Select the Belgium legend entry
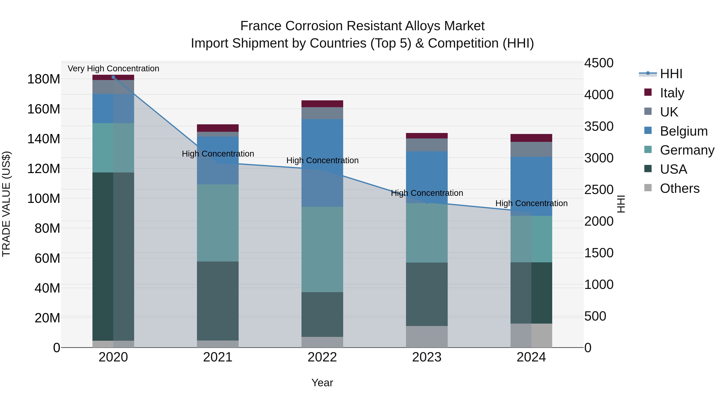683,131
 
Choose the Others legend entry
679,188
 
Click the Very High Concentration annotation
113,69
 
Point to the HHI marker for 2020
113,77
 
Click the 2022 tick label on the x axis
322,357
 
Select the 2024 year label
531,357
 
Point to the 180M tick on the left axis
44,79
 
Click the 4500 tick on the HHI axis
599,63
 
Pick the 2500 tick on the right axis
599,190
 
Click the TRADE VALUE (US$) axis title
6,204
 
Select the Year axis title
322,383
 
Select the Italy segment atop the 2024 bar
531,138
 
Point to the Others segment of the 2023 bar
427,336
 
